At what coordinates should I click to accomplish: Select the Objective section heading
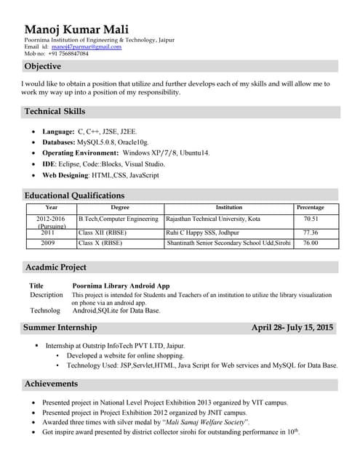43,66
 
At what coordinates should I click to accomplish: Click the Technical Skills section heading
55,112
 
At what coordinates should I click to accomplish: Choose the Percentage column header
311,208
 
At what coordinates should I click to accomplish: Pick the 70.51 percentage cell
311,219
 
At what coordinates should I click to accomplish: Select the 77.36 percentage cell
311,232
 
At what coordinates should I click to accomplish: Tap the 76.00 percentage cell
311,243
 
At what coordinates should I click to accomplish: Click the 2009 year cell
48,243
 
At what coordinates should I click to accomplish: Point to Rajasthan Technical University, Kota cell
213,219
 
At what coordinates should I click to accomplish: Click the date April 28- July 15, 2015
292,328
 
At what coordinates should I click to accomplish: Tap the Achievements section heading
51,384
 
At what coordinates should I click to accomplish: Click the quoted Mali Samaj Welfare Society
206,422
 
